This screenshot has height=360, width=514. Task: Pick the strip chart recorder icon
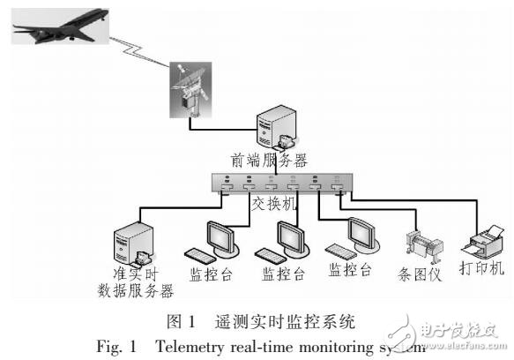coord(419,247)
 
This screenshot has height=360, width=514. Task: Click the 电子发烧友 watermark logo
coord(458,333)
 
